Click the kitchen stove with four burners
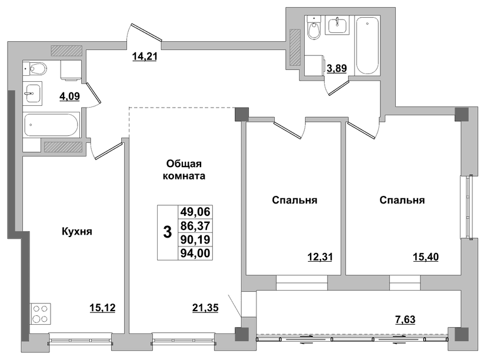(41, 314)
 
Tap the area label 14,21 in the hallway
(145, 56)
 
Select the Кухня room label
(77, 231)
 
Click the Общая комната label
(184, 169)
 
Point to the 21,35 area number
(205, 308)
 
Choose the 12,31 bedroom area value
(320, 257)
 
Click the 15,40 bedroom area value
(426, 257)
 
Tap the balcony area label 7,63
(405, 319)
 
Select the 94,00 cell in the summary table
(195, 253)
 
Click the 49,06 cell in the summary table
(195, 212)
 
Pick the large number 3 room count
(168, 232)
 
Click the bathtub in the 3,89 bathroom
(367, 45)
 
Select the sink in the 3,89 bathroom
(337, 25)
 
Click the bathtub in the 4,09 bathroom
(52, 125)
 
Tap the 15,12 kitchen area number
(102, 308)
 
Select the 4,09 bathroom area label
(69, 96)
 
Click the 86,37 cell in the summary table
(195, 225)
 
